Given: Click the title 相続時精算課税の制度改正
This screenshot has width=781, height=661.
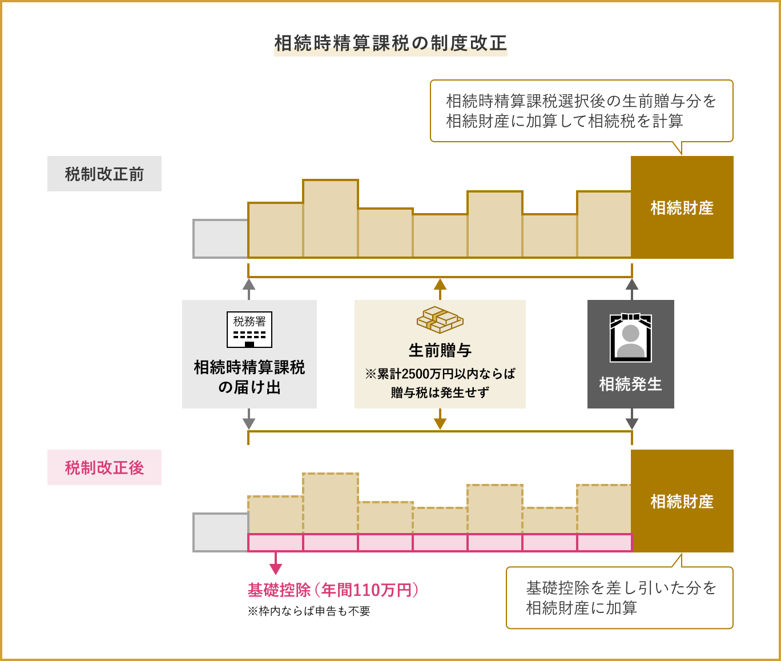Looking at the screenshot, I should point(390,43).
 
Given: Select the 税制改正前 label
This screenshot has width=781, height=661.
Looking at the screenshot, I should point(104,174).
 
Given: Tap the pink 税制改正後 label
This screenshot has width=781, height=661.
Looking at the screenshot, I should point(104,467).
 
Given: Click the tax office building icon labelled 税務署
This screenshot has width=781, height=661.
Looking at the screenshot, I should point(249,330).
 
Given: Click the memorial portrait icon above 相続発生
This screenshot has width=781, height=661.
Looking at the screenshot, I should point(631,338).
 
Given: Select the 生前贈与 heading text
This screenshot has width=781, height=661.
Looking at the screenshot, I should point(440,350).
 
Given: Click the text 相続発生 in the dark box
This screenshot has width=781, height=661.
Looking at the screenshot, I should point(631,384).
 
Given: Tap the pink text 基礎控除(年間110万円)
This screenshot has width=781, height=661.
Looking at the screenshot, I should point(333,590).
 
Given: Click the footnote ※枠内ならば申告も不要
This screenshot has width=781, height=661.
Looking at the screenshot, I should point(309,611).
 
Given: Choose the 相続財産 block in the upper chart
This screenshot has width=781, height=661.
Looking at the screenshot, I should point(682,207).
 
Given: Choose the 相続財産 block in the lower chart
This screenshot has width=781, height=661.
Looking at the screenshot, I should point(682,501).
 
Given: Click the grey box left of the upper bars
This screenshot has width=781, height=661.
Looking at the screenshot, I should point(220,239).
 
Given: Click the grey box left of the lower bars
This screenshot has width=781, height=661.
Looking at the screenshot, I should point(220,532).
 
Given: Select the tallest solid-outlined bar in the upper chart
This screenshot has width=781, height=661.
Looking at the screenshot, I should point(331,219).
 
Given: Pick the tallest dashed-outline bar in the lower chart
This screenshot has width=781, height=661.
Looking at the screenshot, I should point(331,503).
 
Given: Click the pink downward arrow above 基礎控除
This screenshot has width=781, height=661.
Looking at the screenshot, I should point(276,568).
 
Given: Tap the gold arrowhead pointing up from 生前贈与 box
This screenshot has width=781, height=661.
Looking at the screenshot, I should point(440,285).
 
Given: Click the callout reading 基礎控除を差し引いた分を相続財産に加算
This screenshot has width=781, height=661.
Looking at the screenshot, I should point(619,598).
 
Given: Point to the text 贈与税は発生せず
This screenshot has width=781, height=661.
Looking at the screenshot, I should point(440,392).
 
